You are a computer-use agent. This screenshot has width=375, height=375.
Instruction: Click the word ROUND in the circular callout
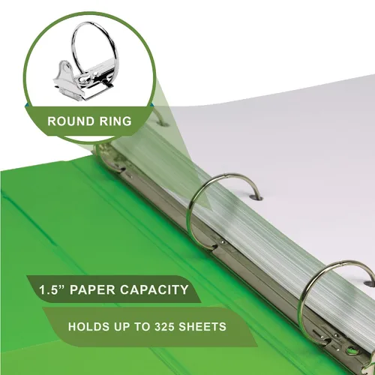point(70,121)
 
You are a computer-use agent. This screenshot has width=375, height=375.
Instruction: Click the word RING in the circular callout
point(115,121)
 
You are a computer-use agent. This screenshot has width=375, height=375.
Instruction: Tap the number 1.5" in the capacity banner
point(52,289)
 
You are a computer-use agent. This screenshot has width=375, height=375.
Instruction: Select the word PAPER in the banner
point(92,289)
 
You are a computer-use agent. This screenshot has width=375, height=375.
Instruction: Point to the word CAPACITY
point(154,289)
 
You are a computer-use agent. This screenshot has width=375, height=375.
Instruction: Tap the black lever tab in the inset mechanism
point(106,82)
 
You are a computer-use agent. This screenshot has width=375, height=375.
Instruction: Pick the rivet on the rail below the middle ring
point(223,242)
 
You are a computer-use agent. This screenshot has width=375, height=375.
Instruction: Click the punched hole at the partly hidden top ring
point(163,123)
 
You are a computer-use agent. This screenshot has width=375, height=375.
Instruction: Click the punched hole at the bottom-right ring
point(370,283)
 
